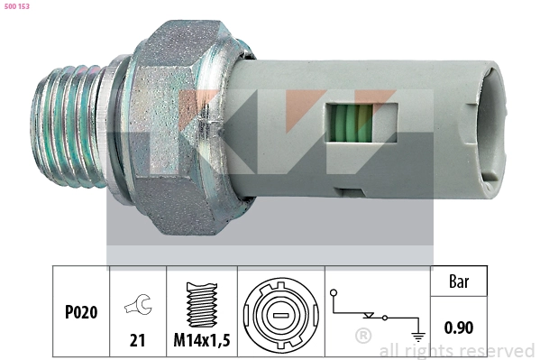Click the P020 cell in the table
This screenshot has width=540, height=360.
80,312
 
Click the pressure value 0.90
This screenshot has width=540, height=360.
460,327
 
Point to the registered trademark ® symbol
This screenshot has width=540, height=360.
363,337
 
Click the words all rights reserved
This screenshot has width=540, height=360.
456,350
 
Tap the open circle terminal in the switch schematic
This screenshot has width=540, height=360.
334,293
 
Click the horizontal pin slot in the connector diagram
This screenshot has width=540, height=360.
279,316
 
